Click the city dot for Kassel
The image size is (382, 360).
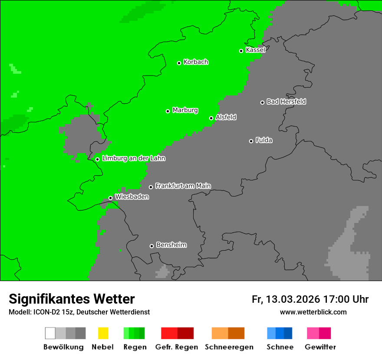pyautogui.click(x=241, y=51)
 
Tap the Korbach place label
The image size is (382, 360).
pyautogui.click(x=196, y=62)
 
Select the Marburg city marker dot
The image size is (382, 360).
pyautogui.click(x=168, y=111)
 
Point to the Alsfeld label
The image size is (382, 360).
pyautogui.click(x=226, y=117)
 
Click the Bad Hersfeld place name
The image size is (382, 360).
pyautogui.click(x=286, y=101)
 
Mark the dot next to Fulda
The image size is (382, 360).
pyautogui.click(x=251, y=141)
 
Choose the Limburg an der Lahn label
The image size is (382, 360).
pyautogui.click(x=133, y=158)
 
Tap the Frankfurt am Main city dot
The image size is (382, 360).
pyautogui.click(x=151, y=187)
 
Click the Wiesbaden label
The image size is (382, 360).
pyautogui.click(x=132, y=197)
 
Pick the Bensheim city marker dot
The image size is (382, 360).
pyautogui.click(x=151, y=246)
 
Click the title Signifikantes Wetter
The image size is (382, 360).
pyautogui.click(x=72, y=299)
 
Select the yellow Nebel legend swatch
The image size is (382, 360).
pyautogui.click(x=103, y=333)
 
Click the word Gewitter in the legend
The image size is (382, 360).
pyautogui.click(x=320, y=347)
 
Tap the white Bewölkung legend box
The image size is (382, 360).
pyautogui.click(x=50, y=333)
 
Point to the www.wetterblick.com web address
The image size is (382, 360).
pyautogui.click(x=313, y=312)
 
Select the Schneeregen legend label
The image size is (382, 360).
pyautogui.click(x=229, y=347)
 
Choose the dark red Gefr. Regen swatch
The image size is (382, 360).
pyautogui.click(x=185, y=333)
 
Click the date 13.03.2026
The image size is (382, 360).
pyautogui.click(x=293, y=299)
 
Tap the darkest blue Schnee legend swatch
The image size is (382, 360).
pyautogui.click(x=288, y=333)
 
